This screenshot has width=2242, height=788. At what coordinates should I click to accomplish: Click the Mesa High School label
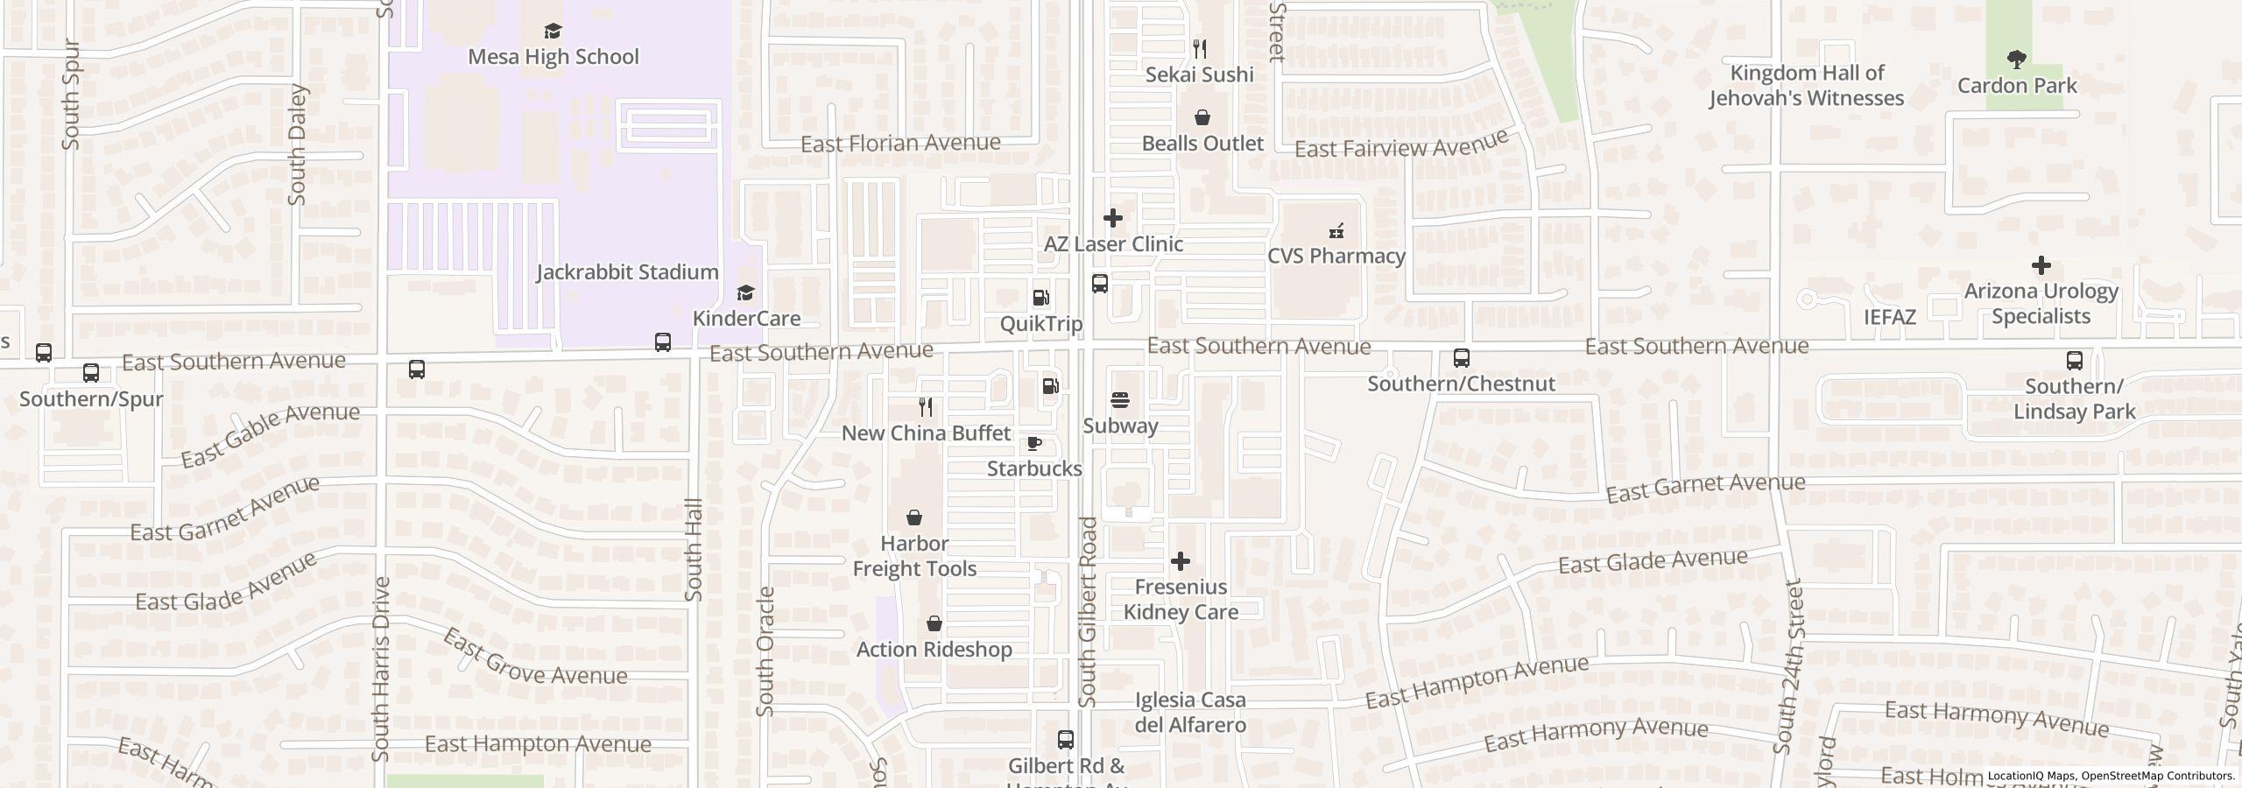pyautogui.click(x=553, y=57)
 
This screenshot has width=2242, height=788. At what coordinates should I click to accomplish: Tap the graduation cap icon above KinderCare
pyautogui.click(x=745, y=292)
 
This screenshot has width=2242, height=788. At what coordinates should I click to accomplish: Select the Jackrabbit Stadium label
pyautogui.click(x=627, y=272)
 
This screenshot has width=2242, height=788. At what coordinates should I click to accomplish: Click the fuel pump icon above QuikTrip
pyautogui.click(x=1041, y=299)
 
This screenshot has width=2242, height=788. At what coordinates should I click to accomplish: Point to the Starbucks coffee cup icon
pyautogui.click(x=1034, y=443)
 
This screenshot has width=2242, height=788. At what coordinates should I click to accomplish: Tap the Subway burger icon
pyautogui.click(x=1120, y=401)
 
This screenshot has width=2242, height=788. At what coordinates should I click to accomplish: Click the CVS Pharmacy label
pyautogui.click(x=1336, y=256)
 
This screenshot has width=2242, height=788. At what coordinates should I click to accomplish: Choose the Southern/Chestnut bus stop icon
pyautogui.click(x=1461, y=358)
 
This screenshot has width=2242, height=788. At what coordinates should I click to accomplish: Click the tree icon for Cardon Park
pyautogui.click(x=2017, y=60)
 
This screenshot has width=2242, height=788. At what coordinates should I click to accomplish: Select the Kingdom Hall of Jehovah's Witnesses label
pyautogui.click(x=1806, y=86)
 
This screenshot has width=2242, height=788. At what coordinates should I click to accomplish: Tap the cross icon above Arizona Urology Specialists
pyautogui.click(x=2041, y=265)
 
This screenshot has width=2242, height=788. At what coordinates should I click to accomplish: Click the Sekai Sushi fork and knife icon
pyautogui.click(x=1200, y=49)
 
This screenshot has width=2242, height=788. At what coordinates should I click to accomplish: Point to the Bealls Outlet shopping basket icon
pyautogui.click(x=1202, y=118)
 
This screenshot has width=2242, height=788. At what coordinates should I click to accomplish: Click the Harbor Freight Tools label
pyautogui.click(x=914, y=556)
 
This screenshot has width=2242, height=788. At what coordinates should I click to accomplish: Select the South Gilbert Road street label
pyautogui.click(x=1088, y=612)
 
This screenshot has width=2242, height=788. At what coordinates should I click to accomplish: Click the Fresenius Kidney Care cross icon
pyautogui.click(x=1181, y=561)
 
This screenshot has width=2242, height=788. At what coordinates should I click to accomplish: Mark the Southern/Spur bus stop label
pyautogui.click(x=91, y=399)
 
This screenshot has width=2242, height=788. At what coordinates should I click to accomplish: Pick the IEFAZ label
pyautogui.click(x=1889, y=317)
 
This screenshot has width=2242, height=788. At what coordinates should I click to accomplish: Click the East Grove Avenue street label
pyautogui.click(x=534, y=658)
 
